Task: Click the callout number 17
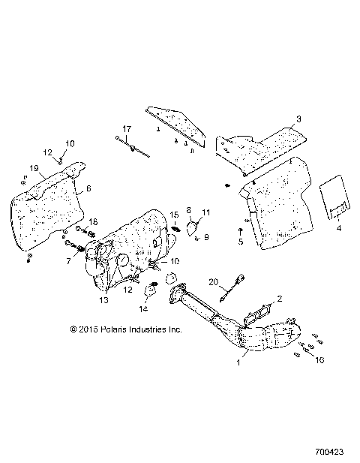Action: point(127,129)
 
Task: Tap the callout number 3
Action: point(298,119)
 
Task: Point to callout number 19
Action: point(34,167)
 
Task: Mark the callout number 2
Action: point(280,298)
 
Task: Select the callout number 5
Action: point(241,242)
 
